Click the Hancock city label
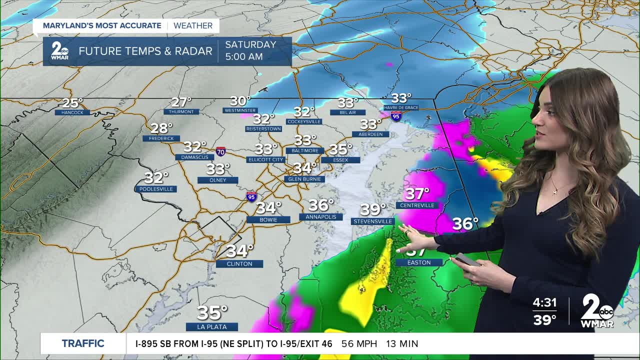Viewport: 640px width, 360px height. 72,112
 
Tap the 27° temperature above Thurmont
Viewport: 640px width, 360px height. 181,102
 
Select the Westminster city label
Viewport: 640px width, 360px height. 240,110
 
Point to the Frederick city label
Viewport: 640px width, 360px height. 161,138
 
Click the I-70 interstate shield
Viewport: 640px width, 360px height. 220,151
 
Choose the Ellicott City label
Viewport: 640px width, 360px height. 265,159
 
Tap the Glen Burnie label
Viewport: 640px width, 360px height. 304,179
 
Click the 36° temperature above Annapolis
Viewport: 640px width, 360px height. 320,205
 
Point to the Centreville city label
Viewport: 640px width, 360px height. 417,205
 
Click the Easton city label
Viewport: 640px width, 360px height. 419,262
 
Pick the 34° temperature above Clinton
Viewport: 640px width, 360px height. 240,250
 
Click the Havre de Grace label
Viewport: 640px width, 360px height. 401,107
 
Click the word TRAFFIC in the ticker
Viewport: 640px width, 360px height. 83,343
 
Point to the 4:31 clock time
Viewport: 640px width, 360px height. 544,303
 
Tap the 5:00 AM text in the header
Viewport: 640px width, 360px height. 244,56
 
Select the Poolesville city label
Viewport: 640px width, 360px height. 156,189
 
